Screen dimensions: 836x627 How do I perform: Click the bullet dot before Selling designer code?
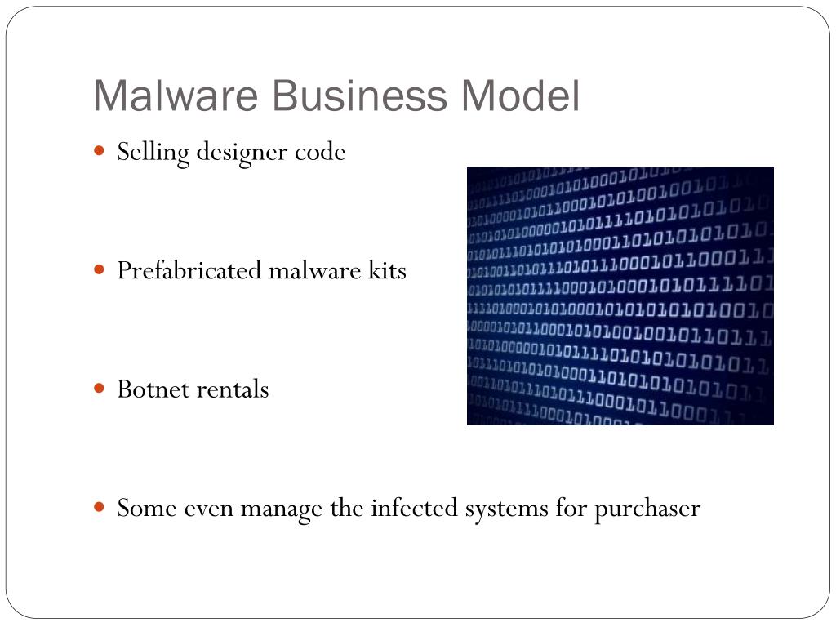[100, 151]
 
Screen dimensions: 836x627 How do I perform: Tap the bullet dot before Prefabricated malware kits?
[100, 269]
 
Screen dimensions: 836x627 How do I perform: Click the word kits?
[383, 270]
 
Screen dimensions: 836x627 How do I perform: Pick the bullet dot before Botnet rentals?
[100, 388]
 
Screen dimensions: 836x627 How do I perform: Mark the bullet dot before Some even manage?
[100, 507]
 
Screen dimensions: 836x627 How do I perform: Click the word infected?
[415, 509]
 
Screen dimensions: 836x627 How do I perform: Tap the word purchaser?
[647, 509]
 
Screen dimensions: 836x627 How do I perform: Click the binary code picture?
[620, 296]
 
